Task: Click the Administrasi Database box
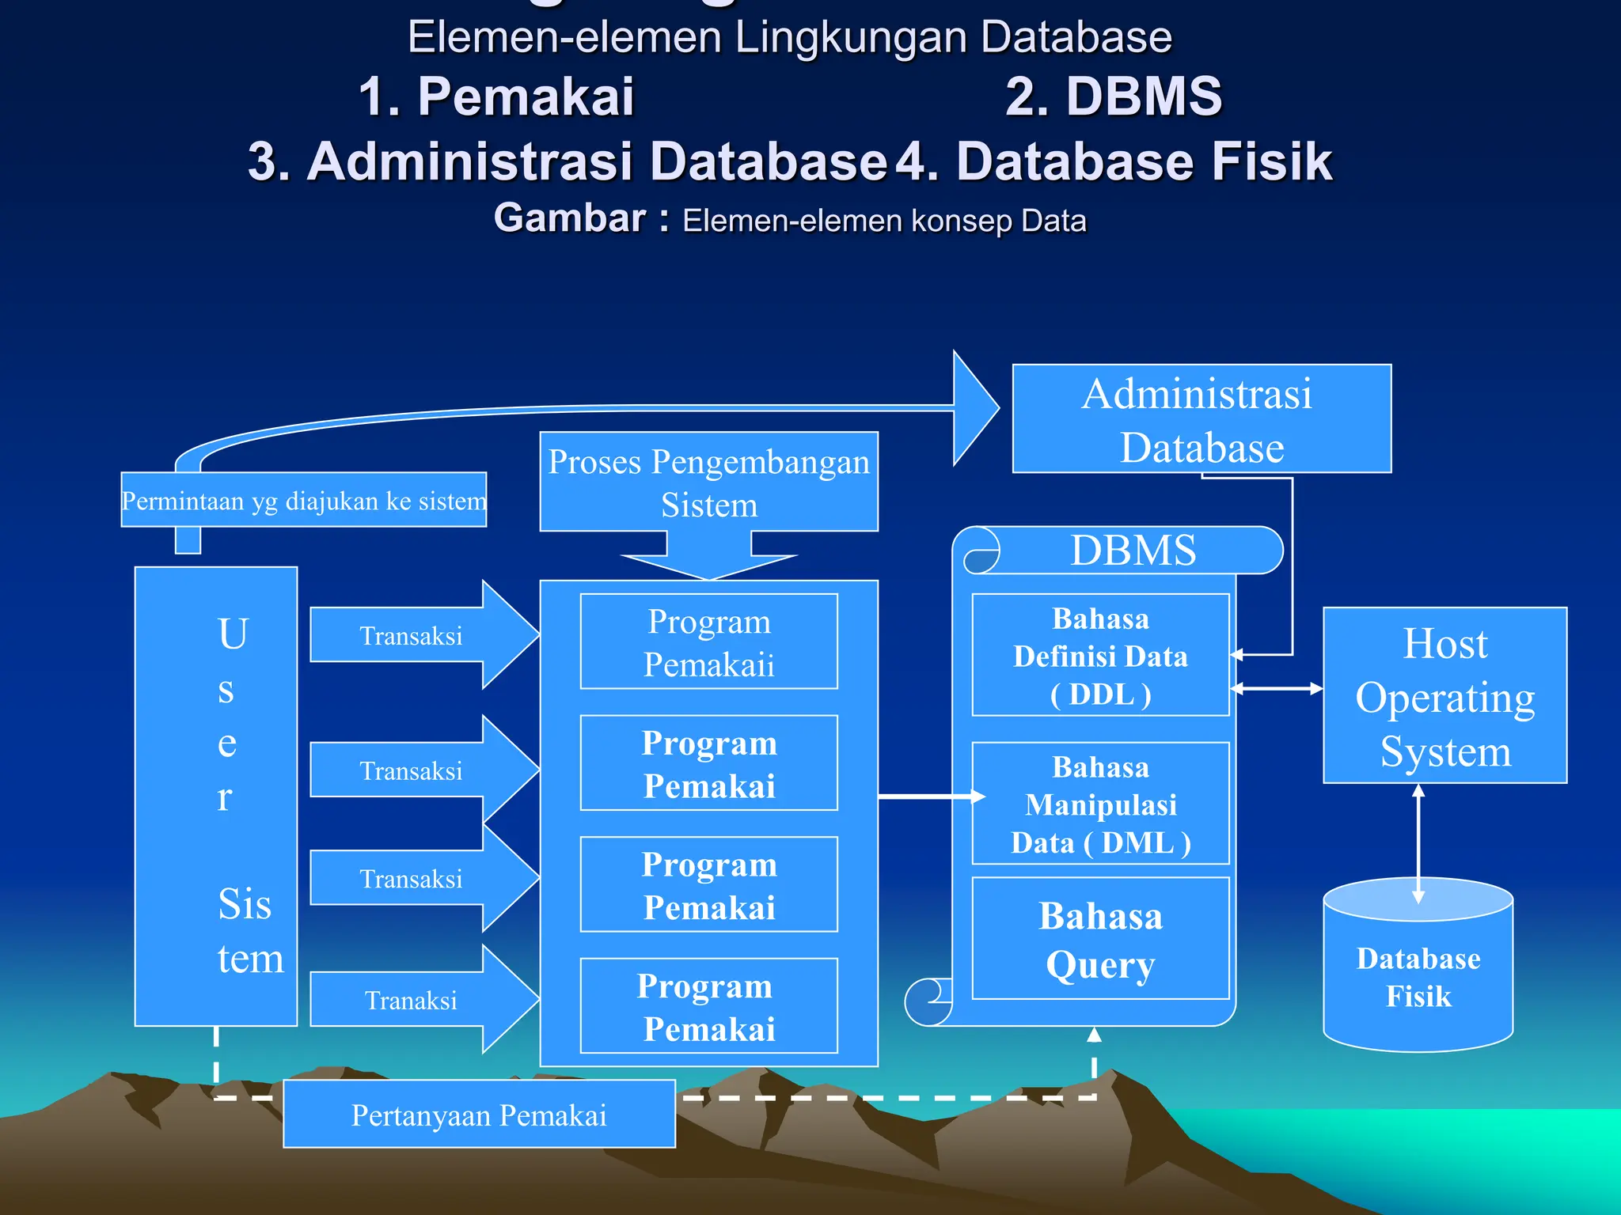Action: [1201, 418]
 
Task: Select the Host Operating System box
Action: [1444, 695]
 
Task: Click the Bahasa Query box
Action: [1100, 939]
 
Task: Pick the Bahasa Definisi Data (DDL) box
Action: [1100, 655]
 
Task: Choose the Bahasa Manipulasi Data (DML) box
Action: [1100, 804]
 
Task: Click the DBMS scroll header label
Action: [1133, 550]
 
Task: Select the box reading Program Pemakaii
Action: [708, 642]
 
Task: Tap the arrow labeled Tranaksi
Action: [412, 1000]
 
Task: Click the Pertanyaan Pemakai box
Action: [479, 1115]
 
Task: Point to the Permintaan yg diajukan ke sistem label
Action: [304, 500]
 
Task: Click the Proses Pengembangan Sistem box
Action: [708, 482]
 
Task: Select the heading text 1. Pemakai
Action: [496, 97]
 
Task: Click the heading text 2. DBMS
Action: [1113, 97]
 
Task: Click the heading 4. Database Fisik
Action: [1114, 161]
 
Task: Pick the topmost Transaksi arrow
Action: [412, 635]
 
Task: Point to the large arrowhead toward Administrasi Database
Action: [974, 408]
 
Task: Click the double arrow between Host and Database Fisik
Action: [1418, 843]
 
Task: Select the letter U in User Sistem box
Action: [233, 634]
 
